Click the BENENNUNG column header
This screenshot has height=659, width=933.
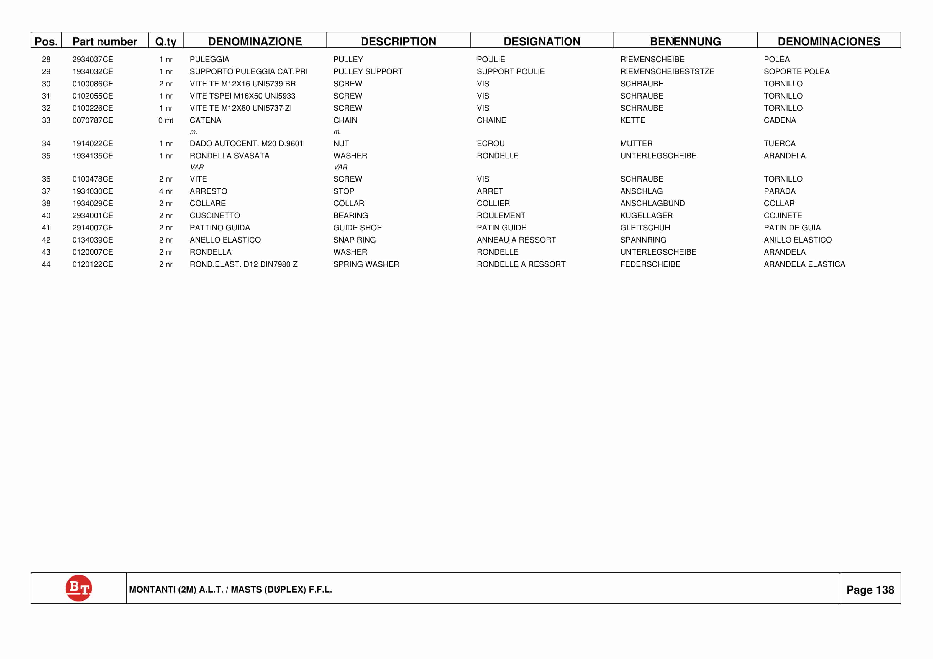point(685,42)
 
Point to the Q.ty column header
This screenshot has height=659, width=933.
point(165,42)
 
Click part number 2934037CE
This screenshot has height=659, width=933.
point(93,59)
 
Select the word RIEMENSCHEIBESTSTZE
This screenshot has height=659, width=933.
point(667,71)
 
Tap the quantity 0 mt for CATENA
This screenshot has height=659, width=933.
point(165,120)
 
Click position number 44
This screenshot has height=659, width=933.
point(46,264)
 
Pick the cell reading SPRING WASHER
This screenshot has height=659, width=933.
point(366,264)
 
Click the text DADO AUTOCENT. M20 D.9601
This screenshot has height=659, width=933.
point(246,143)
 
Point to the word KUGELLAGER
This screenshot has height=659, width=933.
point(646,215)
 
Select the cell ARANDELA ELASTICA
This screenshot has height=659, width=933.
point(804,264)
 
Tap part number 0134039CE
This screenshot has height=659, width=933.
point(93,240)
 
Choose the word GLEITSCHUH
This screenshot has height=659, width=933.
point(645,228)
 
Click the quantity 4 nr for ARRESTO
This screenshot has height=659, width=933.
point(165,191)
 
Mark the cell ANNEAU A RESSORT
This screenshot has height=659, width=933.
point(516,240)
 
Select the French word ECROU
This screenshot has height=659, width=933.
point(491,143)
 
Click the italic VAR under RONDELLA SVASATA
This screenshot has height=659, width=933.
point(197,167)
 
